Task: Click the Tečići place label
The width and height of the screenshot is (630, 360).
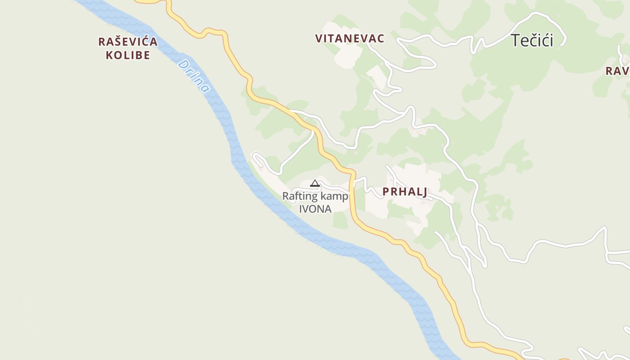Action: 532,40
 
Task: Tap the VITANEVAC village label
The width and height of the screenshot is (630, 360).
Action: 350,39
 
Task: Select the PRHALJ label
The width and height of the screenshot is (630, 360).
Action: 405,192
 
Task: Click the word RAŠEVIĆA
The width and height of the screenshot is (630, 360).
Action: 128,42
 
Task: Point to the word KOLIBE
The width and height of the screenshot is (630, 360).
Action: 128,55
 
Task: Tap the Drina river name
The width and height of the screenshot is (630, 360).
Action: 194,76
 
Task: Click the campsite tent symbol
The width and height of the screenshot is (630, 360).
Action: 315,183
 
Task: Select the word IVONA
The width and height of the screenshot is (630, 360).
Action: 315,209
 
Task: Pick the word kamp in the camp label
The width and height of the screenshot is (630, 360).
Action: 334,197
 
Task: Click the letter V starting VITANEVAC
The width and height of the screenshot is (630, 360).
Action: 319,39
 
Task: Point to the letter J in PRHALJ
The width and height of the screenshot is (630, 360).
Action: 424,192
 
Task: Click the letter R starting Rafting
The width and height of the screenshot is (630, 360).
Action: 285,197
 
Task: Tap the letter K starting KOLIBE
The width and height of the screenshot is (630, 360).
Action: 109,55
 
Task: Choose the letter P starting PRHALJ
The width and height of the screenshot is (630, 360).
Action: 386,192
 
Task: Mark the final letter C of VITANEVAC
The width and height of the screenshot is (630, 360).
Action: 381,39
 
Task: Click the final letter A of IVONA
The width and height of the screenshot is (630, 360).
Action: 328,209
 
